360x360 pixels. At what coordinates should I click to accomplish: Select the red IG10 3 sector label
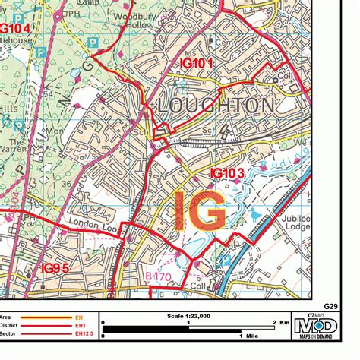click(x=226, y=174)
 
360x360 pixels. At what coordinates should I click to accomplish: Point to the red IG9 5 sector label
click(x=55, y=268)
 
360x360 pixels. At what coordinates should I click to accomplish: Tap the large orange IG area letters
click(x=200, y=211)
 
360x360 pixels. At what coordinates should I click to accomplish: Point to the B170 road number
click(x=159, y=279)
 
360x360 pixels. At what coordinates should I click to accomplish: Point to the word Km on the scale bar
click(x=283, y=323)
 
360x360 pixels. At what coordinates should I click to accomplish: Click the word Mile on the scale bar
click(x=251, y=335)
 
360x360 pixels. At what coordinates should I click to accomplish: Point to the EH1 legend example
click(x=79, y=326)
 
